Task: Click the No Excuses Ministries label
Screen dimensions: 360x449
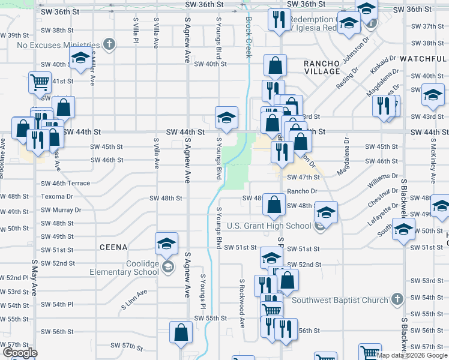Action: [x=58, y=44]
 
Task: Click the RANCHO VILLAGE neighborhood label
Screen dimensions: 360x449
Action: [x=322, y=67]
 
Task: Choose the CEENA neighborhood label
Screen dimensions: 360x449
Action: [x=113, y=247]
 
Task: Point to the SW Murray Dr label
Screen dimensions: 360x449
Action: [x=61, y=211]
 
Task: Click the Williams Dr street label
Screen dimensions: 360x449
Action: [x=384, y=177]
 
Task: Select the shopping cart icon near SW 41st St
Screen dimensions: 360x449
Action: [x=40, y=83]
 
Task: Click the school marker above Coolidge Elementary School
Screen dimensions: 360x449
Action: [x=166, y=244]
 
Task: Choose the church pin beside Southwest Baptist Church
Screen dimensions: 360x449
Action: [x=396, y=299]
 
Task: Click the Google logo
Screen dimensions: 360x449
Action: [x=20, y=353]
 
